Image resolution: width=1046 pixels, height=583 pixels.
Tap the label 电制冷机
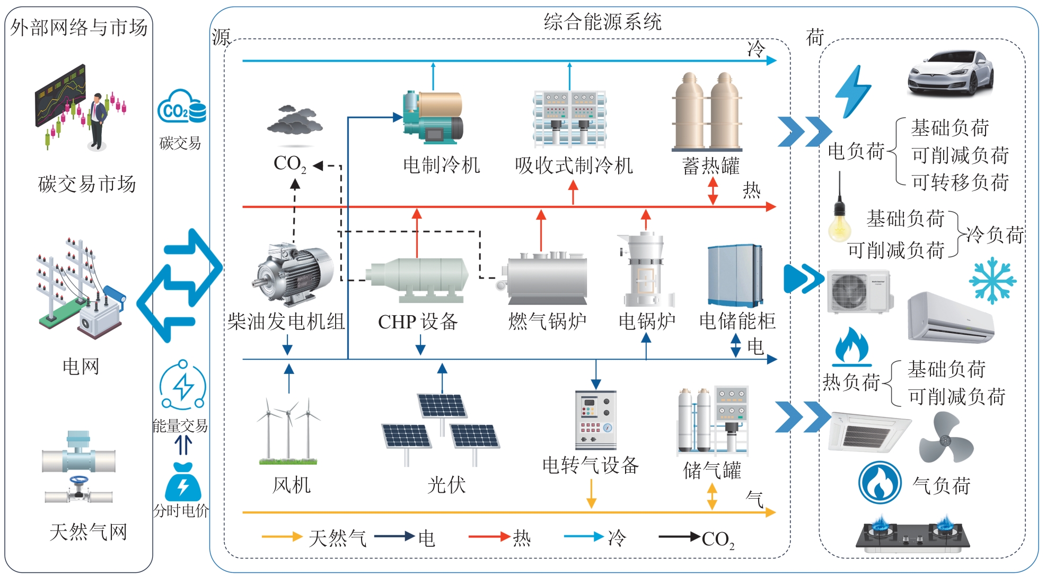[x=441, y=165]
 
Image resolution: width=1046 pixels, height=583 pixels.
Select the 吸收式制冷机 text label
[x=574, y=166]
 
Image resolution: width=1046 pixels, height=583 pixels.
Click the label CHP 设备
[x=417, y=321]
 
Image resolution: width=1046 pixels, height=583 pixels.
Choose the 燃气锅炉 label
[x=547, y=321]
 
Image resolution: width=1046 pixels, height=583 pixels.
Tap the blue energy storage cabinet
[x=734, y=276]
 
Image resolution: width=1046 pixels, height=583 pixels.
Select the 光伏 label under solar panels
[x=446, y=485]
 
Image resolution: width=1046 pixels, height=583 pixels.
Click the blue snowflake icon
[x=992, y=281]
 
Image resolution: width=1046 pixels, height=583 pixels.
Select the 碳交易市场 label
[x=87, y=184]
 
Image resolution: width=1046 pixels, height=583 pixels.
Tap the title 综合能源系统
[x=602, y=22]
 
